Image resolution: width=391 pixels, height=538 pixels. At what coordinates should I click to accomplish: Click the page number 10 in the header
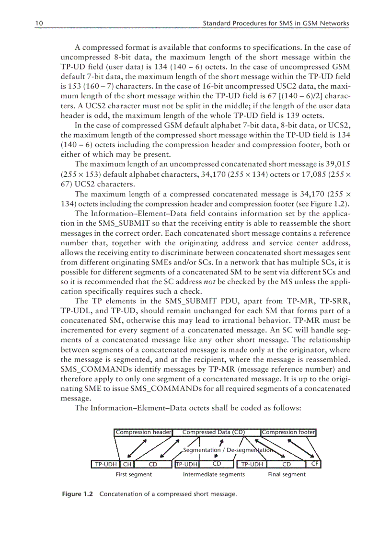39,23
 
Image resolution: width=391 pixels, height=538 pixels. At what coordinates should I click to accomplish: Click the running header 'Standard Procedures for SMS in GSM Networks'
276,23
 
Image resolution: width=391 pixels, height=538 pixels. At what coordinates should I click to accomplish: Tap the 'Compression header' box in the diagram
143,432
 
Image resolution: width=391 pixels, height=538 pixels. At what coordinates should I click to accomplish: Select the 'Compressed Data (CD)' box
214,432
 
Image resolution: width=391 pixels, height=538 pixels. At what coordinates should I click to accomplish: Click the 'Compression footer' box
288,432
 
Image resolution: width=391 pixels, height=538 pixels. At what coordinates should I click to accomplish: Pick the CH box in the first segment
127,464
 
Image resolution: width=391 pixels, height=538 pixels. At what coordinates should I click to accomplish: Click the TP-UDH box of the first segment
105,464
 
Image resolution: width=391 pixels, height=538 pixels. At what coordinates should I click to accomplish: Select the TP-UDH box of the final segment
252,464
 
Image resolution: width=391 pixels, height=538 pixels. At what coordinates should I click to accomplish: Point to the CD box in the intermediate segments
217,464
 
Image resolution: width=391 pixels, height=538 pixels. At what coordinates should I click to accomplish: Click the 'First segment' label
134,475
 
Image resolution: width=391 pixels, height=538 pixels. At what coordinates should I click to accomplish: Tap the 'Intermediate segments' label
214,475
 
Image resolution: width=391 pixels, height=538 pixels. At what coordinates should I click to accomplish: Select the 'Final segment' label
287,475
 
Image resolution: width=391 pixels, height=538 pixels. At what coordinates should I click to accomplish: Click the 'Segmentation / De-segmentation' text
228,450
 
